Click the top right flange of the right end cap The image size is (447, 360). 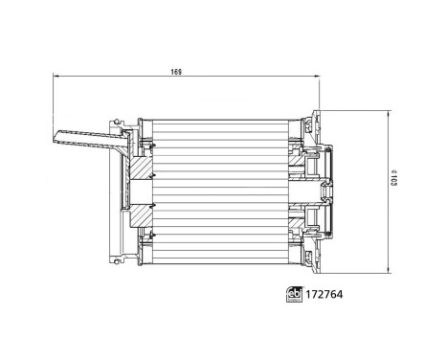(316, 120)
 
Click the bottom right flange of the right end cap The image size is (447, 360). (316, 257)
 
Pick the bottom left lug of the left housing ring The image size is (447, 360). (121, 256)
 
